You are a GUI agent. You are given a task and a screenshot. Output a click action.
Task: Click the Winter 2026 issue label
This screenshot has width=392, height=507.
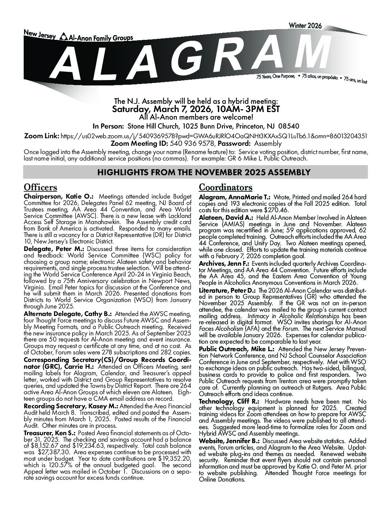click(305, 26)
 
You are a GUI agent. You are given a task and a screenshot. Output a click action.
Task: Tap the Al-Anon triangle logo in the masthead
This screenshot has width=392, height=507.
click(63, 36)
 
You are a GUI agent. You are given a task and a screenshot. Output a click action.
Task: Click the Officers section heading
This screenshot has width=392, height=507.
click(40, 187)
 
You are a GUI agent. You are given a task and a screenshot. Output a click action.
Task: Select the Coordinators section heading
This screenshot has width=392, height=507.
click(225, 187)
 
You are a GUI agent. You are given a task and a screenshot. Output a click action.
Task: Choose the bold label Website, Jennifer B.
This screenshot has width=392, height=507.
click(229, 441)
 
